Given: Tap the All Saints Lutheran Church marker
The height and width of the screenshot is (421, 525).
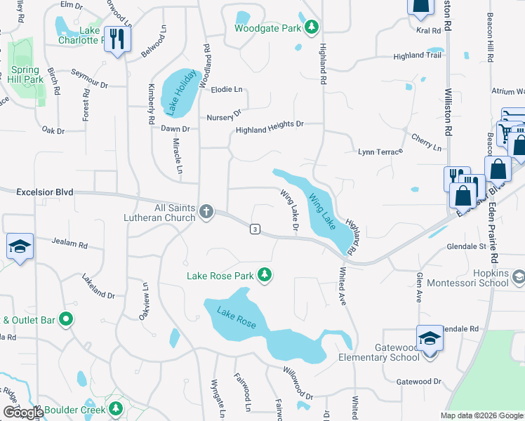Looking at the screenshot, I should click(206, 211).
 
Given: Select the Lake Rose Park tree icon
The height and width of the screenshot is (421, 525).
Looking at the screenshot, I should click(264, 275).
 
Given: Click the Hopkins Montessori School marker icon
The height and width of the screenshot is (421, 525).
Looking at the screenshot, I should click(518, 278).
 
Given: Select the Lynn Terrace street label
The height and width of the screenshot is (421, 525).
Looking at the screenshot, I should click(380, 152).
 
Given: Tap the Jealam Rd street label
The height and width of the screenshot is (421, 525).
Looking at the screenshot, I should click(69, 243).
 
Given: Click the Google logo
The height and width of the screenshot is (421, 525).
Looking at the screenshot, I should click(22, 412).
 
